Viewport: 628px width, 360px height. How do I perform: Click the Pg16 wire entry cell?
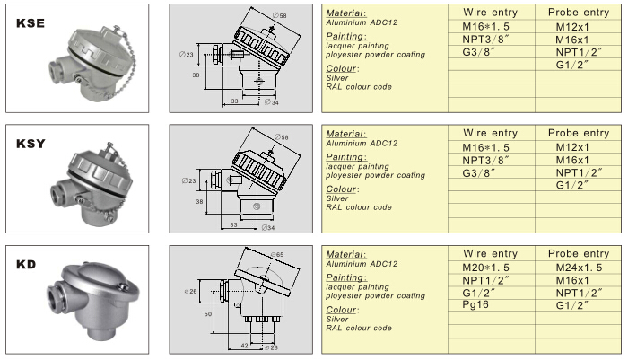pos(475,306)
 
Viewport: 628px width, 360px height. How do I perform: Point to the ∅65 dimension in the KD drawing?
pos(275,256)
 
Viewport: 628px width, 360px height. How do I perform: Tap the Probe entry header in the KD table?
pos(578,254)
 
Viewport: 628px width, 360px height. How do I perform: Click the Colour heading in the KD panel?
pos(343,309)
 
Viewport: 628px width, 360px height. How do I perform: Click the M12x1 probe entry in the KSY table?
pos(572,147)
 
